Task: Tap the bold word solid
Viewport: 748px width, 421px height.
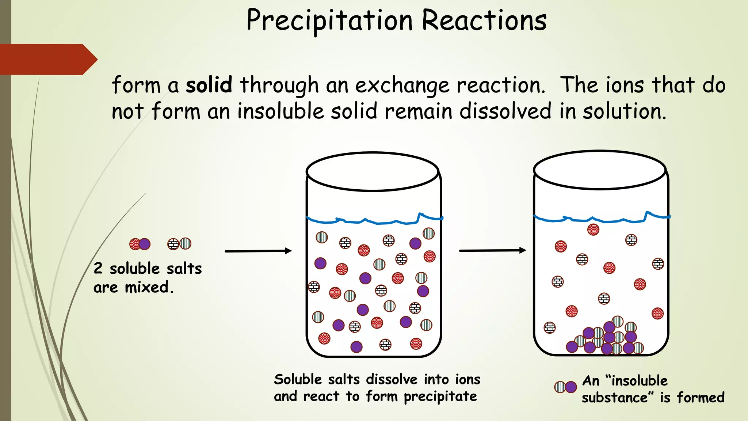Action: (209, 85)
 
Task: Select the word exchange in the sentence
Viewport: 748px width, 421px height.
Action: (402, 86)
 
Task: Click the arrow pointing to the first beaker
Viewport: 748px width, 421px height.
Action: (258, 251)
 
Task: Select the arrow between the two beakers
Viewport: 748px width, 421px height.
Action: (492, 251)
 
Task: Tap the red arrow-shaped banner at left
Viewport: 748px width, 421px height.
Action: (47, 59)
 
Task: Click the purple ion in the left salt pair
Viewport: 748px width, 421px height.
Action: (145, 244)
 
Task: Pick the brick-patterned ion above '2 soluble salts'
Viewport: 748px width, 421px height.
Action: (173, 244)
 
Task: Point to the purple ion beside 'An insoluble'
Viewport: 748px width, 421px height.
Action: (571, 387)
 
